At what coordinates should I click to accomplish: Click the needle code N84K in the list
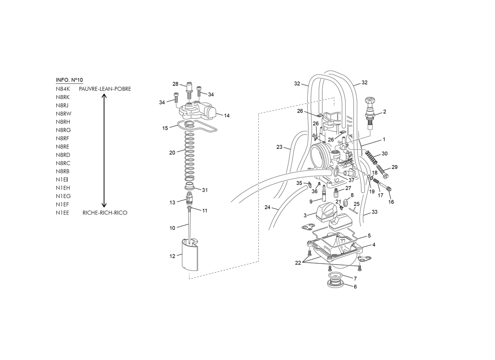(63, 89)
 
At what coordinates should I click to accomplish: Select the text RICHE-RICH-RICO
(105, 212)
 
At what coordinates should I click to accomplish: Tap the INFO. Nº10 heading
(69, 80)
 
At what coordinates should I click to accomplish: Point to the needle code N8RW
(63, 114)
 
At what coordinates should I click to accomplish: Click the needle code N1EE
(62, 212)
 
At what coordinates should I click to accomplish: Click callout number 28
(175, 84)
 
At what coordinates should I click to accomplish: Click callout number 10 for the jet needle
(172, 228)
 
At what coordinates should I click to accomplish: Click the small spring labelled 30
(371, 157)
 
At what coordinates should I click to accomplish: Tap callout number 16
(391, 202)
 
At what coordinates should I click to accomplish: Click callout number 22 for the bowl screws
(298, 263)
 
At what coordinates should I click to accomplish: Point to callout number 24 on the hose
(267, 207)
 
